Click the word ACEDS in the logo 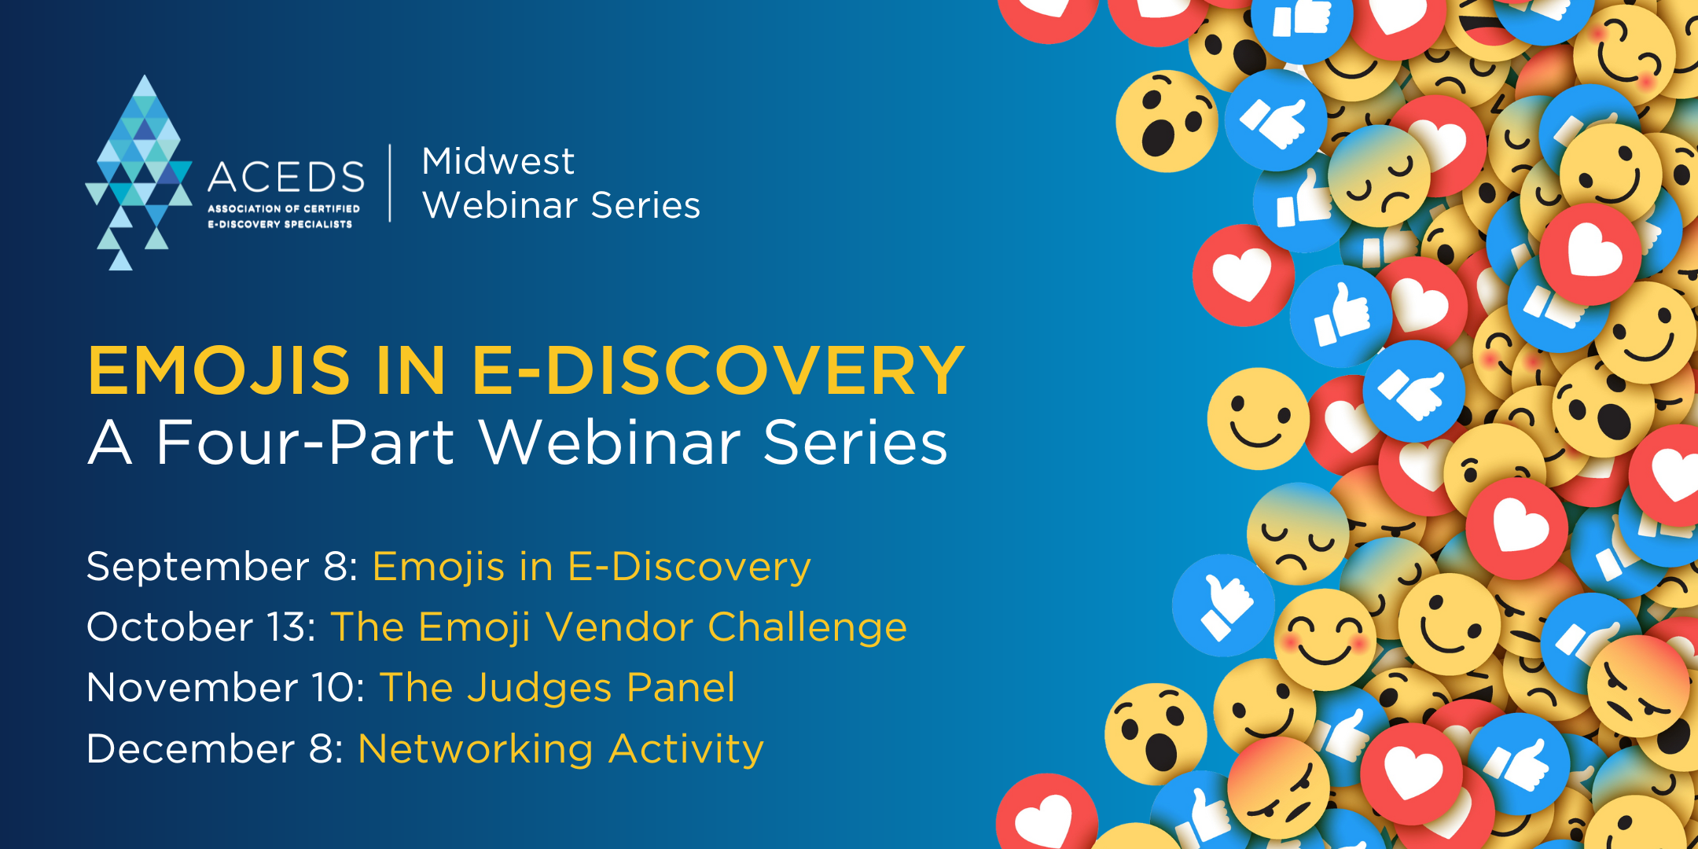(286, 177)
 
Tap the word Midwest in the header (498, 161)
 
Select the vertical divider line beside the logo (391, 183)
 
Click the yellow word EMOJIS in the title (219, 370)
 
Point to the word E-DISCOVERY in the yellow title (718, 370)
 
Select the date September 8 (222, 568)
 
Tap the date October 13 (201, 627)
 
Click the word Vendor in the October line (620, 627)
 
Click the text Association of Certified (284, 208)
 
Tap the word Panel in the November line (681, 687)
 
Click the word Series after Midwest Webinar (645, 205)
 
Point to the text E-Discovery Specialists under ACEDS (280, 224)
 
